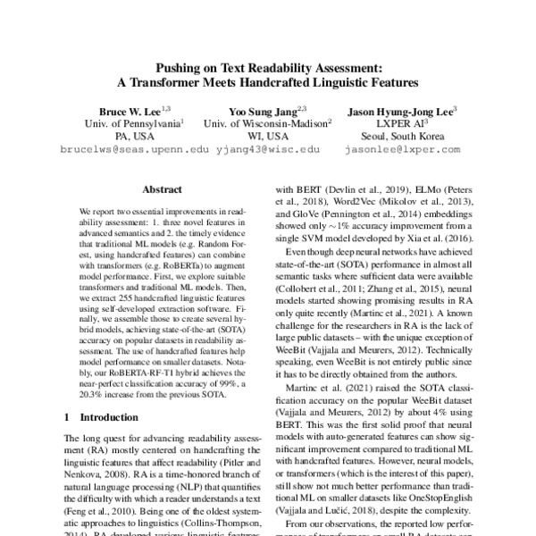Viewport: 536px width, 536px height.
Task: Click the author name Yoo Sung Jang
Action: click(264, 111)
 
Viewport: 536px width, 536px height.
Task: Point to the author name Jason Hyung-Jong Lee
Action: click(399, 111)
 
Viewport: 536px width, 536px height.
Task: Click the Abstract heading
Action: click(162, 189)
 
